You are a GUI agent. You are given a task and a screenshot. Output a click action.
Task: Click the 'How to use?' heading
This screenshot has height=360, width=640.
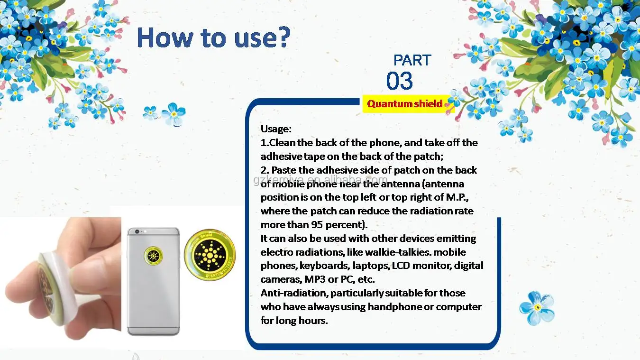213,37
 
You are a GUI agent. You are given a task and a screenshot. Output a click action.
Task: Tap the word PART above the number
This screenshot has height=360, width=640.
412,60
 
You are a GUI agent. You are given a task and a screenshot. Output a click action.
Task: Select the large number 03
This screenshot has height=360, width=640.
400,81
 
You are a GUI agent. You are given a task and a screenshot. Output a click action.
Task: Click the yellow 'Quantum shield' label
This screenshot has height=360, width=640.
404,104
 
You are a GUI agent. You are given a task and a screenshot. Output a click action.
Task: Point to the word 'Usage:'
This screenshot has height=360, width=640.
276,129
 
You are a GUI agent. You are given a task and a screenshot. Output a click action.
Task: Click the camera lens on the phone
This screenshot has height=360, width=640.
137,231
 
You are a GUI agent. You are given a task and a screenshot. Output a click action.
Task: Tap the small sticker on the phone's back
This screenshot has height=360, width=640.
154,255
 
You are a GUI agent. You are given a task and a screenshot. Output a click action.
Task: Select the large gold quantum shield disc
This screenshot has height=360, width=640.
210,255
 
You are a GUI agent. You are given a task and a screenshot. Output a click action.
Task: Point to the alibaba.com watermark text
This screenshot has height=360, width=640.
320,180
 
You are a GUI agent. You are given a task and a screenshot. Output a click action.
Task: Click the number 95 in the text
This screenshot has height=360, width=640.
317,225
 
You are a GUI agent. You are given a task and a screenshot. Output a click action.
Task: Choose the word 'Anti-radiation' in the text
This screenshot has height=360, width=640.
294,293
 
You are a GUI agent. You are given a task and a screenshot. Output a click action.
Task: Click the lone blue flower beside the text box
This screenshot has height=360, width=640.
537,308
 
